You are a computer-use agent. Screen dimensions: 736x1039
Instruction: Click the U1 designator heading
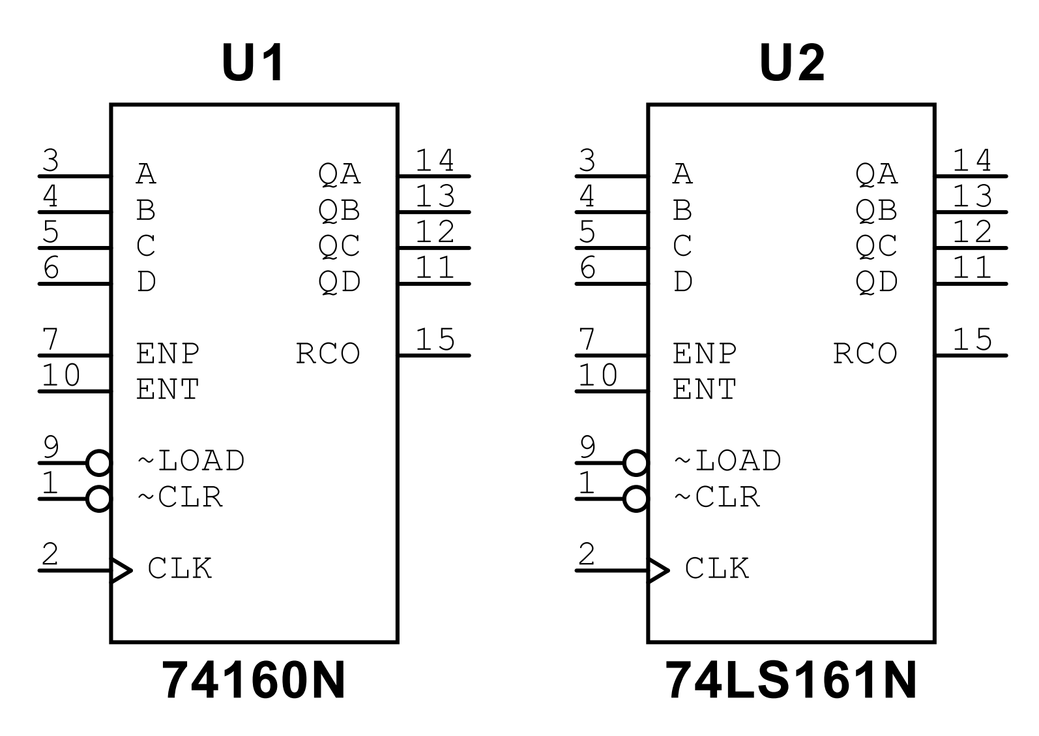[x=253, y=63]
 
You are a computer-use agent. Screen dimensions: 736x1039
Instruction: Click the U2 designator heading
[x=792, y=63]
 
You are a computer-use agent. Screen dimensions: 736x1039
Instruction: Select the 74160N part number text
[x=254, y=681]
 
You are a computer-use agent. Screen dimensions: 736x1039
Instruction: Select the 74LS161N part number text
[x=791, y=681]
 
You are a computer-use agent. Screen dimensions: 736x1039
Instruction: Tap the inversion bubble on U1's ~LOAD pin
[x=98, y=463]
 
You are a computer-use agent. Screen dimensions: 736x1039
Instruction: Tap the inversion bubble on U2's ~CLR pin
[x=636, y=499]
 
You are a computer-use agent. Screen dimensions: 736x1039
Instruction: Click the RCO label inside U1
[x=328, y=354]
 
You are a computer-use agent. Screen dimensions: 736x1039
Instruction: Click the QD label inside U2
[x=876, y=282]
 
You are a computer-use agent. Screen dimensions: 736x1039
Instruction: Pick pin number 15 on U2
[x=972, y=340]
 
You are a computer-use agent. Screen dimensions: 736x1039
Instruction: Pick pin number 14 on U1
[x=435, y=161]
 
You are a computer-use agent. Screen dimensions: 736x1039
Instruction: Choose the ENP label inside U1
[x=168, y=354]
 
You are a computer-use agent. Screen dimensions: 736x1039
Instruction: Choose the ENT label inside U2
[x=704, y=390]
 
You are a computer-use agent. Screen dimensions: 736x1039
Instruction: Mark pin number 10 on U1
[x=61, y=376]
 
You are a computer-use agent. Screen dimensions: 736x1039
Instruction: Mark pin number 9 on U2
[x=588, y=448]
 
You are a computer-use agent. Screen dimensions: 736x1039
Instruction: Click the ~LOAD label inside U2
[x=727, y=461]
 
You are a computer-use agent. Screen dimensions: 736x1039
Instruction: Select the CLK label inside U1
[x=180, y=568]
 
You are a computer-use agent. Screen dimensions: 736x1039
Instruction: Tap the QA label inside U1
[x=339, y=174]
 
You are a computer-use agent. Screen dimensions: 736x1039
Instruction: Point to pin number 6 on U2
[x=588, y=268]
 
